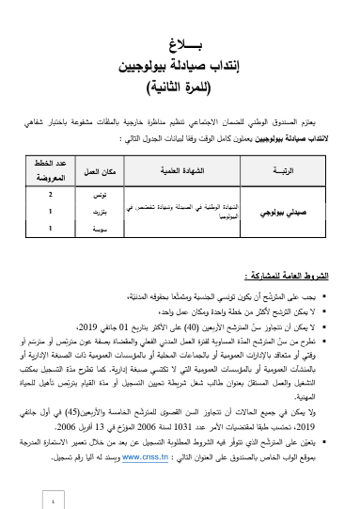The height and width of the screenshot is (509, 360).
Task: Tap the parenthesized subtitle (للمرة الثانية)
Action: coord(180,90)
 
